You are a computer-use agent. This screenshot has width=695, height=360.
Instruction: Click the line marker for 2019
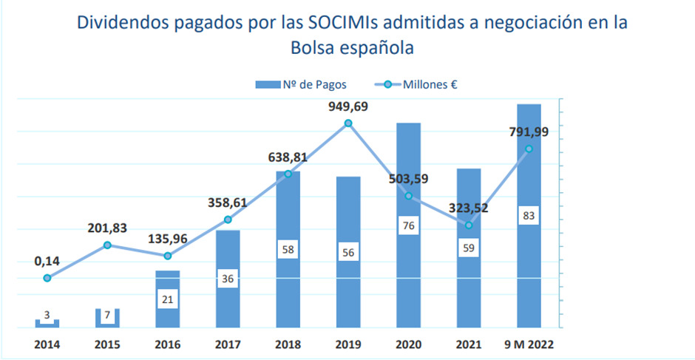348,123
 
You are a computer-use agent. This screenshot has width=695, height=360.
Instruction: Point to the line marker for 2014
47,278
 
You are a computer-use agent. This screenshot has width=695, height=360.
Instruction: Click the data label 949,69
348,106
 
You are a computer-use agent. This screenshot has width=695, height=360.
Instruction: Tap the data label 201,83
107,228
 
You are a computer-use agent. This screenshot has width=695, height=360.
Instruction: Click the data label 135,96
168,239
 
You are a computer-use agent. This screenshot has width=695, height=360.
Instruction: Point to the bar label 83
529,216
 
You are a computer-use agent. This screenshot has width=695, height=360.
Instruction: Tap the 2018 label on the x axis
288,344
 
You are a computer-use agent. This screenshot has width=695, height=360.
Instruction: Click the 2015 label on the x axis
107,344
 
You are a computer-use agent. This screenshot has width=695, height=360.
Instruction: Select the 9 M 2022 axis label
529,344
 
